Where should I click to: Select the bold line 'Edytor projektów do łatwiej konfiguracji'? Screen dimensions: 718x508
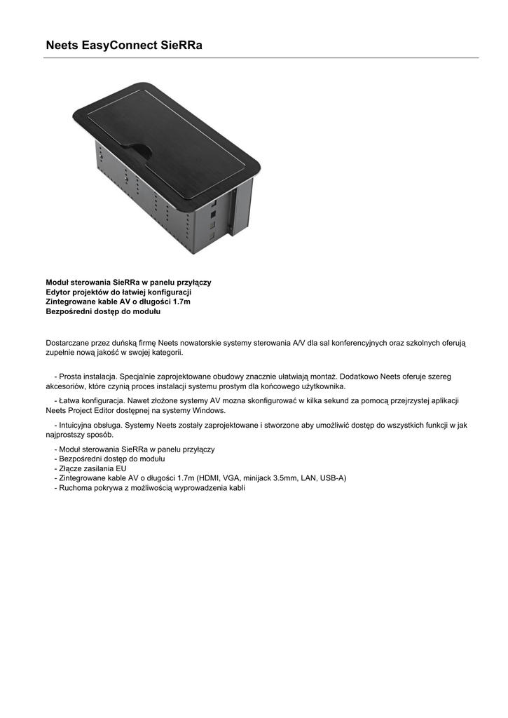tap(118, 292)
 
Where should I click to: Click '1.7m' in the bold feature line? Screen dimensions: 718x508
tap(181, 302)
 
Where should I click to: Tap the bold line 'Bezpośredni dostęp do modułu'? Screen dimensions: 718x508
tap(103, 311)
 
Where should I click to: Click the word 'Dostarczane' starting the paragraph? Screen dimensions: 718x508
tap(68, 343)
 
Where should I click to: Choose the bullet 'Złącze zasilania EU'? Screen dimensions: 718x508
tap(92, 468)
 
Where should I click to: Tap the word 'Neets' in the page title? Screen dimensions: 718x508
tap(62, 46)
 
